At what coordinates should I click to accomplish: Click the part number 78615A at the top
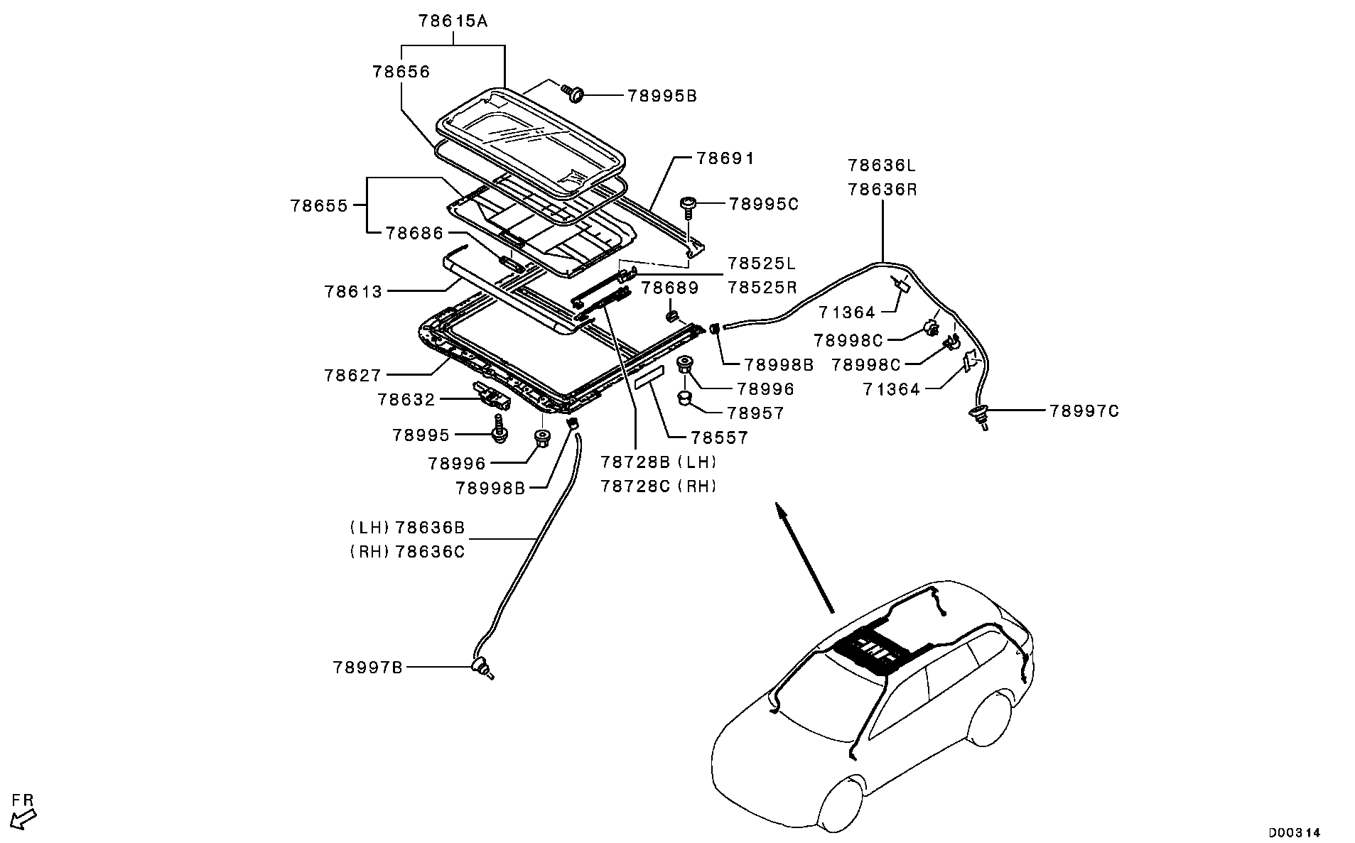[453, 21]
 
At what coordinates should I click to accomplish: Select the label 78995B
[662, 96]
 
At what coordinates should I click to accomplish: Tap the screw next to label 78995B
[573, 92]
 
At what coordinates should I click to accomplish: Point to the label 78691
[715, 158]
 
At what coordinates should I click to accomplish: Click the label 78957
[755, 413]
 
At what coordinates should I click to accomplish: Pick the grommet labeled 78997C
[979, 415]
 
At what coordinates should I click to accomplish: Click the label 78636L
[882, 165]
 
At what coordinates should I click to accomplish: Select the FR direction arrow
[24, 817]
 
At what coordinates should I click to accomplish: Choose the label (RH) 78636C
[407, 552]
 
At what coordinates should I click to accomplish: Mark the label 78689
[670, 288]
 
